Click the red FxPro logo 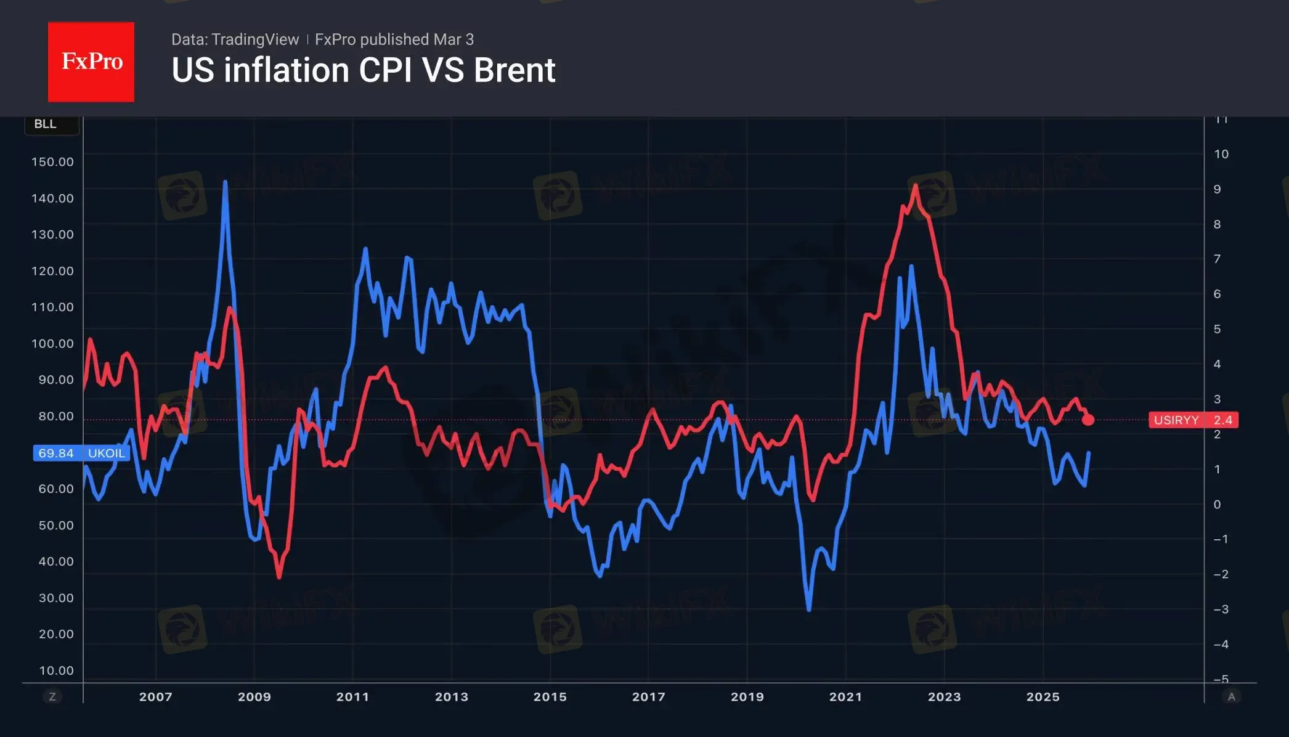tap(91, 62)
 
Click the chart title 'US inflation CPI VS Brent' tap(363, 70)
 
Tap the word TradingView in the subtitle tap(254, 39)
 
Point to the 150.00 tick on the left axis tap(52, 162)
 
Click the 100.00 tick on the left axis tap(52, 344)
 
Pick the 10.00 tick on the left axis tap(56, 670)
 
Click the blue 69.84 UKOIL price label tap(81, 454)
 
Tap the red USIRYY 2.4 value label tap(1193, 420)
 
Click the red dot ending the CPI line tap(1088, 420)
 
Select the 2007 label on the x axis tap(155, 697)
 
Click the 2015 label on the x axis tap(550, 697)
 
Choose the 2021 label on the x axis tap(845, 697)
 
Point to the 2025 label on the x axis tap(1043, 697)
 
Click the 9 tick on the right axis tap(1217, 189)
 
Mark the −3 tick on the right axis tap(1221, 609)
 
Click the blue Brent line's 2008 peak tap(225, 182)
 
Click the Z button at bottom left tap(52, 697)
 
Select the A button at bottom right tap(1231, 697)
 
